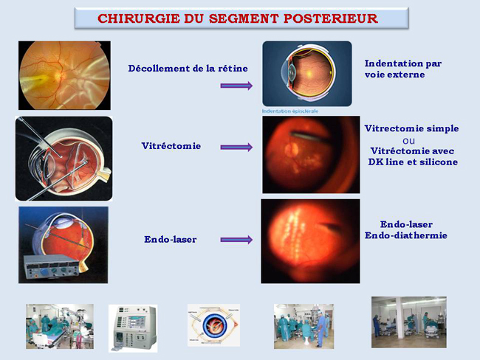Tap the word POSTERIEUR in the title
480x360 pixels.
[331, 18]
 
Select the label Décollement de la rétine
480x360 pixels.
[188, 68]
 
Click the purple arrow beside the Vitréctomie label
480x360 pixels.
[236, 147]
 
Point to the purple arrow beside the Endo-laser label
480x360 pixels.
[236, 240]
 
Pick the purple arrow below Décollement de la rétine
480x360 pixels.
[236, 86]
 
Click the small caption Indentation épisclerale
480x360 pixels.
[290, 111]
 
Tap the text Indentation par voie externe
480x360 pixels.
[403, 69]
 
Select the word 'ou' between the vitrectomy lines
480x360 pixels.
[408, 141]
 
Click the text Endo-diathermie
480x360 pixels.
[406, 235]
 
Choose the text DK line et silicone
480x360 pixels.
[413, 162]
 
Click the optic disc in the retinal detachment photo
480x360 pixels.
[58, 74]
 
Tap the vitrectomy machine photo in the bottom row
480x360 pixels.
[133, 328]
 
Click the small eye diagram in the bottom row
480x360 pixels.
[213, 325]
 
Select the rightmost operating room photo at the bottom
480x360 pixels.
[409, 322]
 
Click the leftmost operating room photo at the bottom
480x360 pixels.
[60, 326]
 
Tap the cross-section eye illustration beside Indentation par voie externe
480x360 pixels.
[307, 74]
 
